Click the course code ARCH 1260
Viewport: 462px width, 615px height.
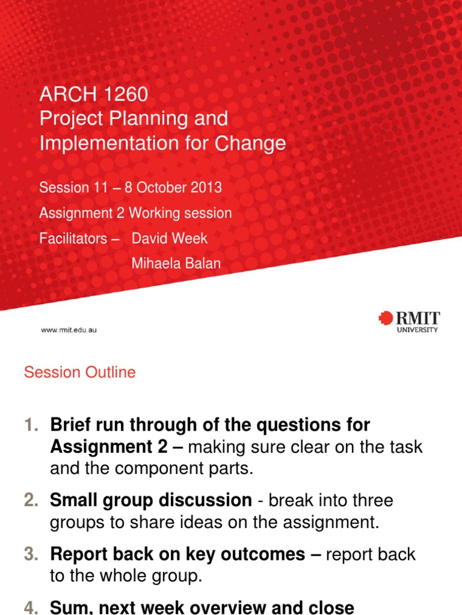pyautogui.click(x=93, y=94)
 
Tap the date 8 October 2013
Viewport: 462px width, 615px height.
pyautogui.click(x=173, y=187)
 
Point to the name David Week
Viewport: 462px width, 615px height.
pyautogui.click(x=170, y=238)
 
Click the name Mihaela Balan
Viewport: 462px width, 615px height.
pyautogui.click(x=176, y=263)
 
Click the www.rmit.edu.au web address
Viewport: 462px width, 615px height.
pyautogui.click(x=69, y=330)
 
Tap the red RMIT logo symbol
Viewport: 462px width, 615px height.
pyautogui.click(x=385, y=318)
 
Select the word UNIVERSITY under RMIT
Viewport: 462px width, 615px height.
pyautogui.click(x=417, y=330)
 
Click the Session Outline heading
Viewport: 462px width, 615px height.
pyautogui.click(x=79, y=372)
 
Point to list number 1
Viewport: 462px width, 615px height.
pyautogui.click(x=31, y=425)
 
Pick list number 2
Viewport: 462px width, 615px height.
pyautogui.click(x=31, y=500)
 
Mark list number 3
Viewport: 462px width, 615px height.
pyautogui.click(x=31, y=554)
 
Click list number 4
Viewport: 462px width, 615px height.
pyautogui.click(x=31, y=608)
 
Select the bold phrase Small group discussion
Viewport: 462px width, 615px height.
pyautogui.click(x=151, y=500)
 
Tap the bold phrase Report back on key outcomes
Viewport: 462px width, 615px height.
pyautogui.click(x=177, y=554)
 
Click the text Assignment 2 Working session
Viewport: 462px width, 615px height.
pyautogui.click(x=135, y=213)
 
